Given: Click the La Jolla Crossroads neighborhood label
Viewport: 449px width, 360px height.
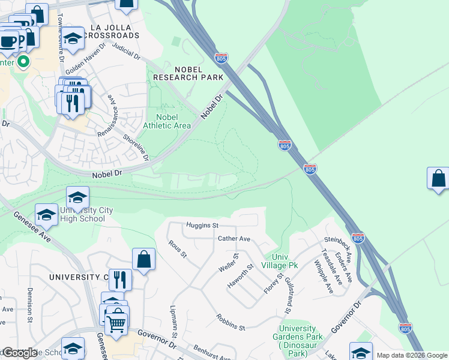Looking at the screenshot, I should pyautogui.click(x=114, y=31).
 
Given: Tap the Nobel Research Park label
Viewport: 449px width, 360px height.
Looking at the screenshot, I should pyautogui.click(x=188, y=73).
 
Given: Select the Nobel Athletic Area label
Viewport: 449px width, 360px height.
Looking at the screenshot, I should pyautogui.click(x=167, y=121).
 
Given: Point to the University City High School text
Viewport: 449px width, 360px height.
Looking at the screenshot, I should pyautogui.click(x=78, y=214).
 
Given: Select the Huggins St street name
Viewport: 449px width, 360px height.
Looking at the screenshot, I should pyautogui.click(x=202, y=225).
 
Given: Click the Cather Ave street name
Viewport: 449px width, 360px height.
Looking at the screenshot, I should pyautogui.click(x=234, y=238).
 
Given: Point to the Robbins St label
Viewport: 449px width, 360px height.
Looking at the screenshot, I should pyautogui.click(x=231, y=322).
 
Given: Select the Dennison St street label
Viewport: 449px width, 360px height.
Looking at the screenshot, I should pyautogui.click(x=29, y=305).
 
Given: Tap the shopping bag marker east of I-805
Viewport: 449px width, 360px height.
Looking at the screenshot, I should pyautogui.click(x=438, y=179).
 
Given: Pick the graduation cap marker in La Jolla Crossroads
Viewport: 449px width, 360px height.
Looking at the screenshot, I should pyautogui.click(x=73, y=38).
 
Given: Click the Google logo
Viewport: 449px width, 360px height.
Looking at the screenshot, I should pyautogui.click(x=20, y=353).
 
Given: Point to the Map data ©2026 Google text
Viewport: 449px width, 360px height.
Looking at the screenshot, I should pyautogui.click(x=411, y=355).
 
